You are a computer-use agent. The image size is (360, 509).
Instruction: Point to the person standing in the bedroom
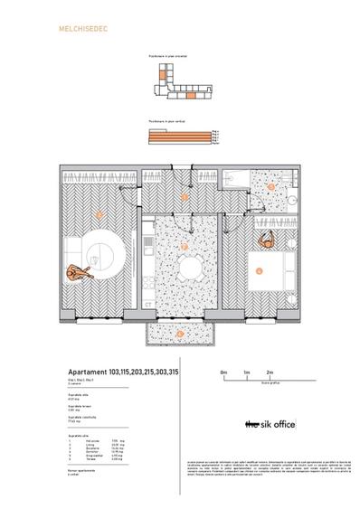point(267,240)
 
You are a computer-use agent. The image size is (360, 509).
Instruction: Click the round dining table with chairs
point(186,268)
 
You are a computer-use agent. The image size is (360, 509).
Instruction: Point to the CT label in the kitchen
point(148,304)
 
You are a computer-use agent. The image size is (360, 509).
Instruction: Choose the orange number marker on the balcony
point(180,333)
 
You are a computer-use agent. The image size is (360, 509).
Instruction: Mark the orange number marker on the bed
point(259,269)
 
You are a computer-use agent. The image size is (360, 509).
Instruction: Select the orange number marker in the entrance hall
point(185,196)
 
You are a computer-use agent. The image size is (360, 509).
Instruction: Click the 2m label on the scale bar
point(270,372)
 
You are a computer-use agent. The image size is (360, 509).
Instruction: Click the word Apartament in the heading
point(88,372)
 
